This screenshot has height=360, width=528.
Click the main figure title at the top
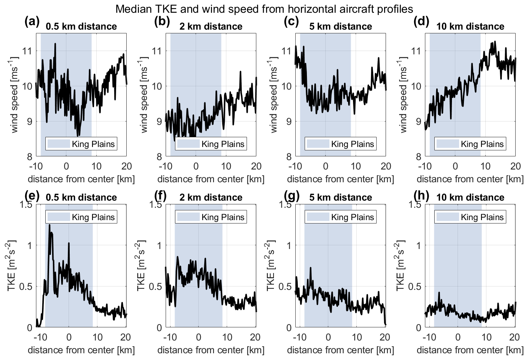tap(264, 8)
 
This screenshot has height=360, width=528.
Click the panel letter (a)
tap(32, 22)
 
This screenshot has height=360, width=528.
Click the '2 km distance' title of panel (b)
tap(211, 27)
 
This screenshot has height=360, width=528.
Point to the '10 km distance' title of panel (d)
tap(470, 27)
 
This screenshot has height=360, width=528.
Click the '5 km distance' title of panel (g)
tap(341, 198)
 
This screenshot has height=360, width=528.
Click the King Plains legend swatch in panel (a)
tap(58, 144)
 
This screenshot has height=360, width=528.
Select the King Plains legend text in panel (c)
tap(353, 144)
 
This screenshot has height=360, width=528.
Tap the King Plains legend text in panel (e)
tap(93, 217)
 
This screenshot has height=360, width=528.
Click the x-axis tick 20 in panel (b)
tap(256, 166)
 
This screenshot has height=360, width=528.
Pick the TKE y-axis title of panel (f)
tap(141, 266)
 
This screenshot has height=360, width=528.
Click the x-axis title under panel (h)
tap(470, 350)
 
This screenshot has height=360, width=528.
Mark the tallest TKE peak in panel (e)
tap(49, 225)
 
